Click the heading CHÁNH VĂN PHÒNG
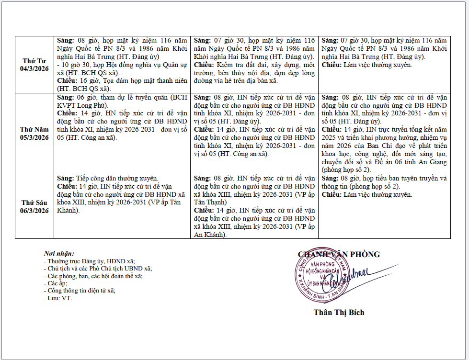pos(339,255)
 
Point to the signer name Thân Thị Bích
pos(339,313)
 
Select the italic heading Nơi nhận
pos(58,253)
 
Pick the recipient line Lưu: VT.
pos(57,298)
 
